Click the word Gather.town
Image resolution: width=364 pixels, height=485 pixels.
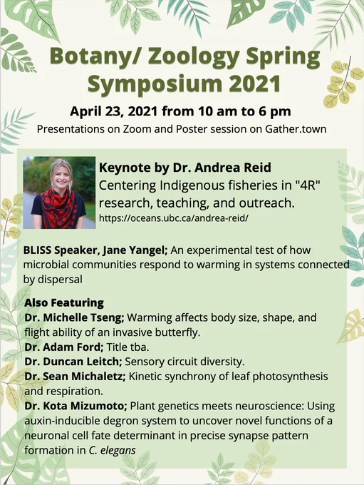click(296, 128)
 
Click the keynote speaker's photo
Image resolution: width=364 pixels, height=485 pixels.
click(59, 193)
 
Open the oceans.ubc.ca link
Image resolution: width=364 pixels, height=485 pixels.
click(174, 218)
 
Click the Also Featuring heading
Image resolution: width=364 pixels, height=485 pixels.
click(64, 302)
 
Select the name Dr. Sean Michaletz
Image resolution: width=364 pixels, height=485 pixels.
click(75, 377)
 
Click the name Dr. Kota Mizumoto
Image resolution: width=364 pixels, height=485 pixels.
click(76, 406)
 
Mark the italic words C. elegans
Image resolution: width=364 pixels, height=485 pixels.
click(112, 450)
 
